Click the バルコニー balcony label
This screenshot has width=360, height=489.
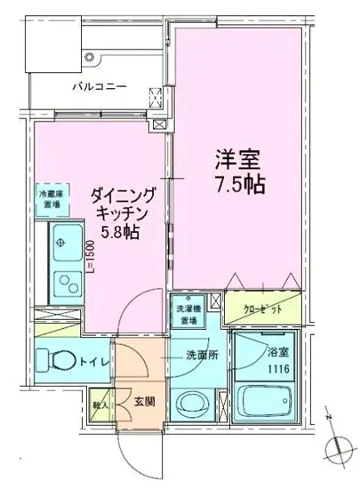click(99, 87)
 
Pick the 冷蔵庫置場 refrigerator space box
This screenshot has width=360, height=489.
click(50, 196)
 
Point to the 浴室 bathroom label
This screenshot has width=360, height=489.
click(268, 351)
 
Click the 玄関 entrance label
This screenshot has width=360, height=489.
click(144, 402)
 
